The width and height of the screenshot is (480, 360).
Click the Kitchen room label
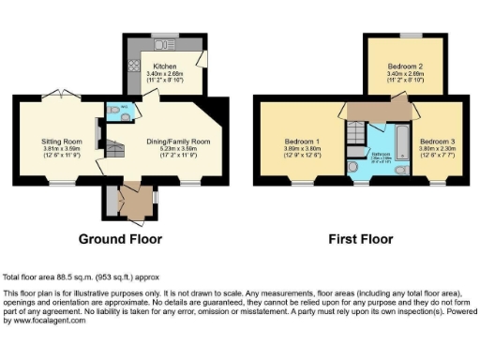pos(165,67)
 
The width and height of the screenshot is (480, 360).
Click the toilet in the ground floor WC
pos(114,109)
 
